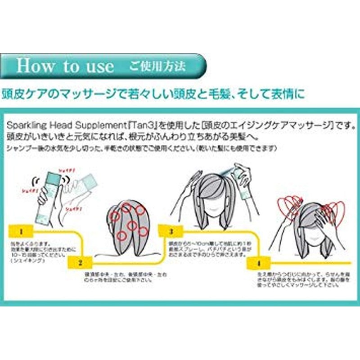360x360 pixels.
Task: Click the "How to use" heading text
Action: pyautogui.click(x=65, y=66)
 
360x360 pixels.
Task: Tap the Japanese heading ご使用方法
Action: pyautogui.click(x=157, y=66)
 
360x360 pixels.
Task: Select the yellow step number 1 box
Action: pyautogui.click(x=21, y=232)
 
